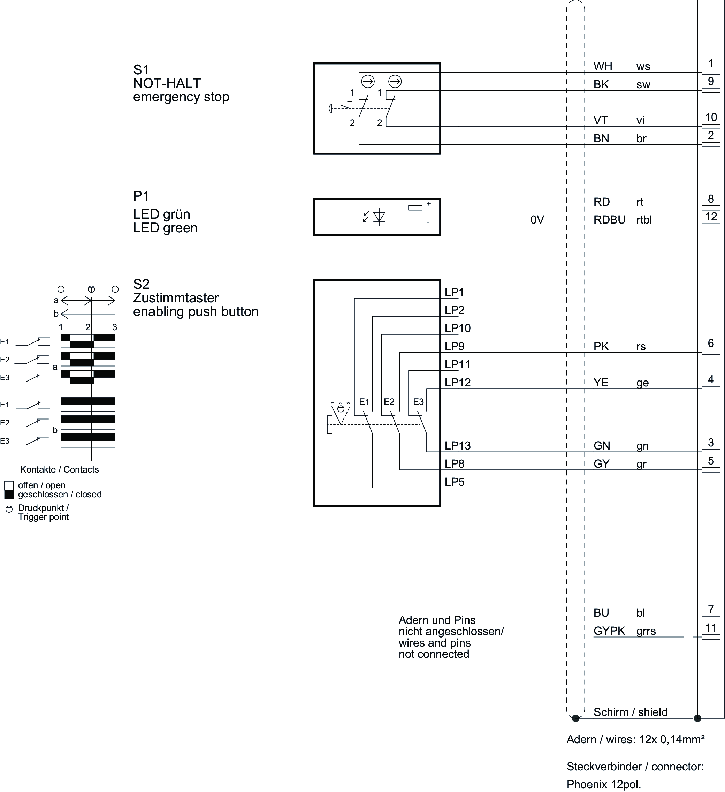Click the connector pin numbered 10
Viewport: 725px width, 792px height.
click(x=710, y=127)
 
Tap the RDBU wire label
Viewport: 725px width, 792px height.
click(x=609, y=220)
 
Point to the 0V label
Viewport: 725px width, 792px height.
click(x=537, y=220)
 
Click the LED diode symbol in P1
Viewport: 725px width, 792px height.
click(x=379, y=217)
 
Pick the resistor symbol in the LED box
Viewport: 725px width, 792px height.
click(x=415, y=208)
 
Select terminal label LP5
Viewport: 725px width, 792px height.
click(x=455, y=482)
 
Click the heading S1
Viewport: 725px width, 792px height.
click(x=141, y=70)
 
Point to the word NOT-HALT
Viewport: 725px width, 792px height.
click(x=167, y=83)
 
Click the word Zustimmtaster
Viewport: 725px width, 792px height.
click(x=176, y=298)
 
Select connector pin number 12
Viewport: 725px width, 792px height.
click(x=710, y=226)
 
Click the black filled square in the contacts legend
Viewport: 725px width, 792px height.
click(x=9, y=495)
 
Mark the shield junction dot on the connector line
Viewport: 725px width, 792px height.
click(x=697, y=718)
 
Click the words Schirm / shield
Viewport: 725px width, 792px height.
click(x=630, y=712)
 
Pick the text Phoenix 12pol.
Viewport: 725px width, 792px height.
click(x=603, y=785)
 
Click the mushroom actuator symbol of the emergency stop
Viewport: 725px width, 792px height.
click(x=331, y=108)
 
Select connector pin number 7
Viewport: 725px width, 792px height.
click(x=710, y=619)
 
